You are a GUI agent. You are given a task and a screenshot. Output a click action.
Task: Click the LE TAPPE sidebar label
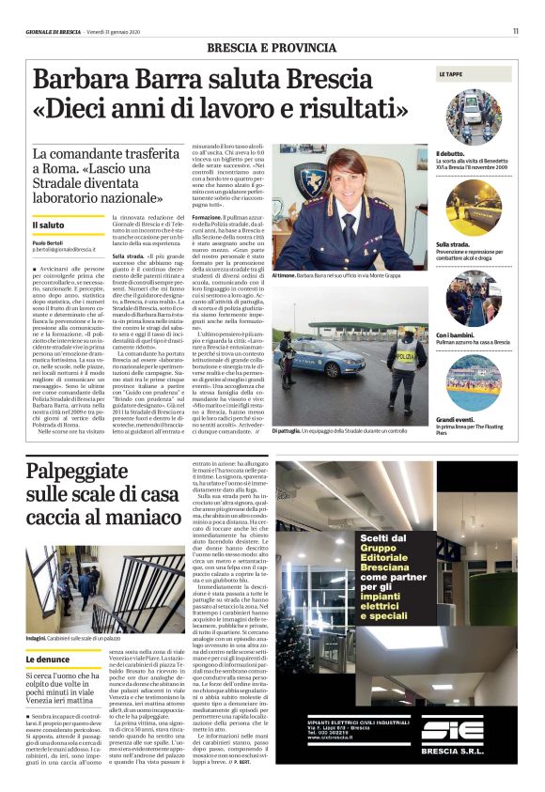point(450,72)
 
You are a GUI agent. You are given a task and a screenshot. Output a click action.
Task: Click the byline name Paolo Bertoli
point(48,242)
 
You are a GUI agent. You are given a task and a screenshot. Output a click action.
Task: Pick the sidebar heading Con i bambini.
point(457,334)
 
